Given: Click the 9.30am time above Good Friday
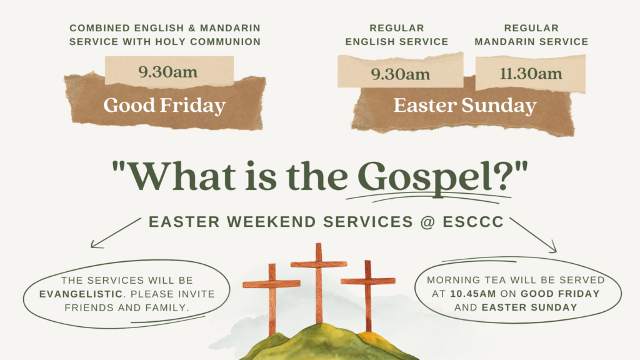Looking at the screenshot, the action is pyautogui.click(x=167, y=72).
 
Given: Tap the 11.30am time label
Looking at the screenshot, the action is pyautogui.click(x=531, y=74).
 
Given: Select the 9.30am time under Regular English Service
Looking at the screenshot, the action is pyautogui.click(x=401, y=74).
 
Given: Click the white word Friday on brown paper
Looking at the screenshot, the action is pyautogui.click(x=192, y=105).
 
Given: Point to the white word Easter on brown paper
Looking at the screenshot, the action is pyautogui.click(x=425, y=105).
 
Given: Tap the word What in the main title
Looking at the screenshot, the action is pyautogui.click(x=182, y=176).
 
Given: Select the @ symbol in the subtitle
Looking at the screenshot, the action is pyautogui.click(x=427, y=222).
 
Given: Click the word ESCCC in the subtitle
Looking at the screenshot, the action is pyautogui.click(x=474, y=222).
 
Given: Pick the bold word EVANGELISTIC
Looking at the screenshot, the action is pyautogui.click(x=81, y=294).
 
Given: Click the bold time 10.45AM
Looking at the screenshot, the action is pyautogui.click(x=473, y=294).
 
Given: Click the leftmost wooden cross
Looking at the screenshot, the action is pyautogui.click(x=271, y=299).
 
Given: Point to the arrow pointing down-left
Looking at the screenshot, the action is pyautogui.click(x=116, y=232).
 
